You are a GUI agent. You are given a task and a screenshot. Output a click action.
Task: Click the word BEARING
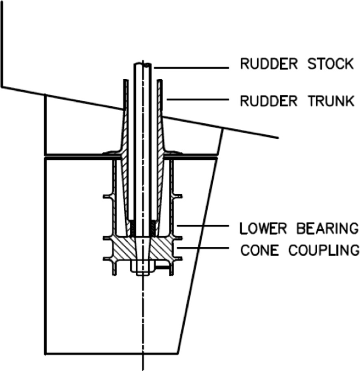[x=326, y=228]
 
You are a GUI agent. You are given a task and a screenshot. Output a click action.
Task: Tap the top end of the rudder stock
[x=142, y=65]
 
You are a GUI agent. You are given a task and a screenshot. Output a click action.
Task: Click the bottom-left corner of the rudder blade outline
[x=46, y=353]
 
